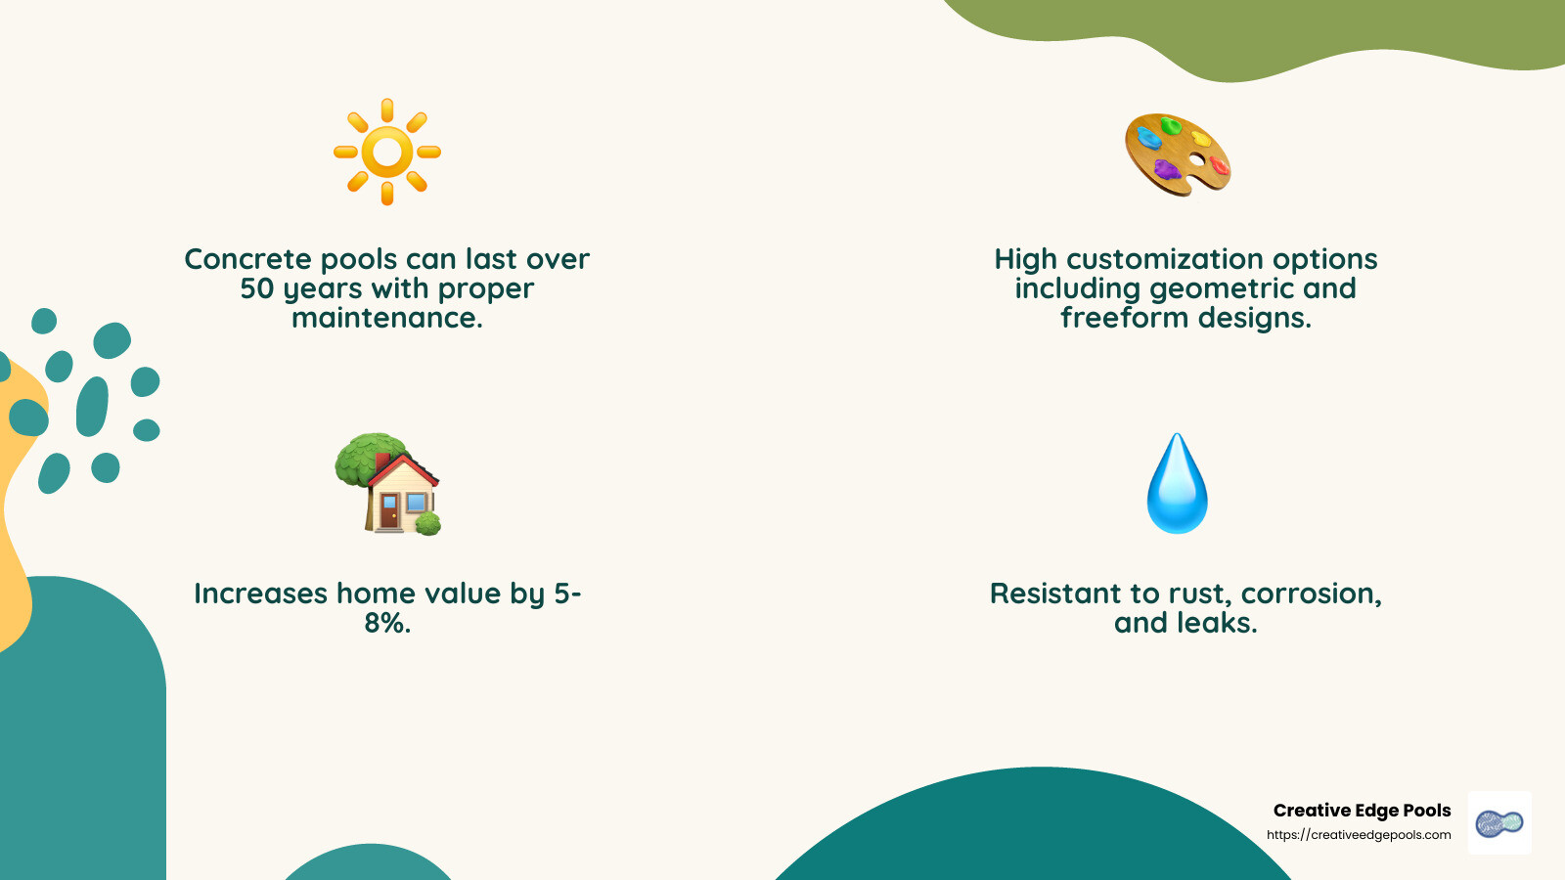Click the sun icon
point(387,152)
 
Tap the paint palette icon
point(1178,154)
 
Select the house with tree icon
point(387,484)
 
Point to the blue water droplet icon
point(1178,484)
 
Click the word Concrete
point(248,259)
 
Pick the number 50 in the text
point(257,288)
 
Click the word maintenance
point(387,318)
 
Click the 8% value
point(386,623)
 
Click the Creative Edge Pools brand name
point(1362,811)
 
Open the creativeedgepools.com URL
point(1359,835)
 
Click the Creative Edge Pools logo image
point(1499,823)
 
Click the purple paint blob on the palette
point(1166,170)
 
